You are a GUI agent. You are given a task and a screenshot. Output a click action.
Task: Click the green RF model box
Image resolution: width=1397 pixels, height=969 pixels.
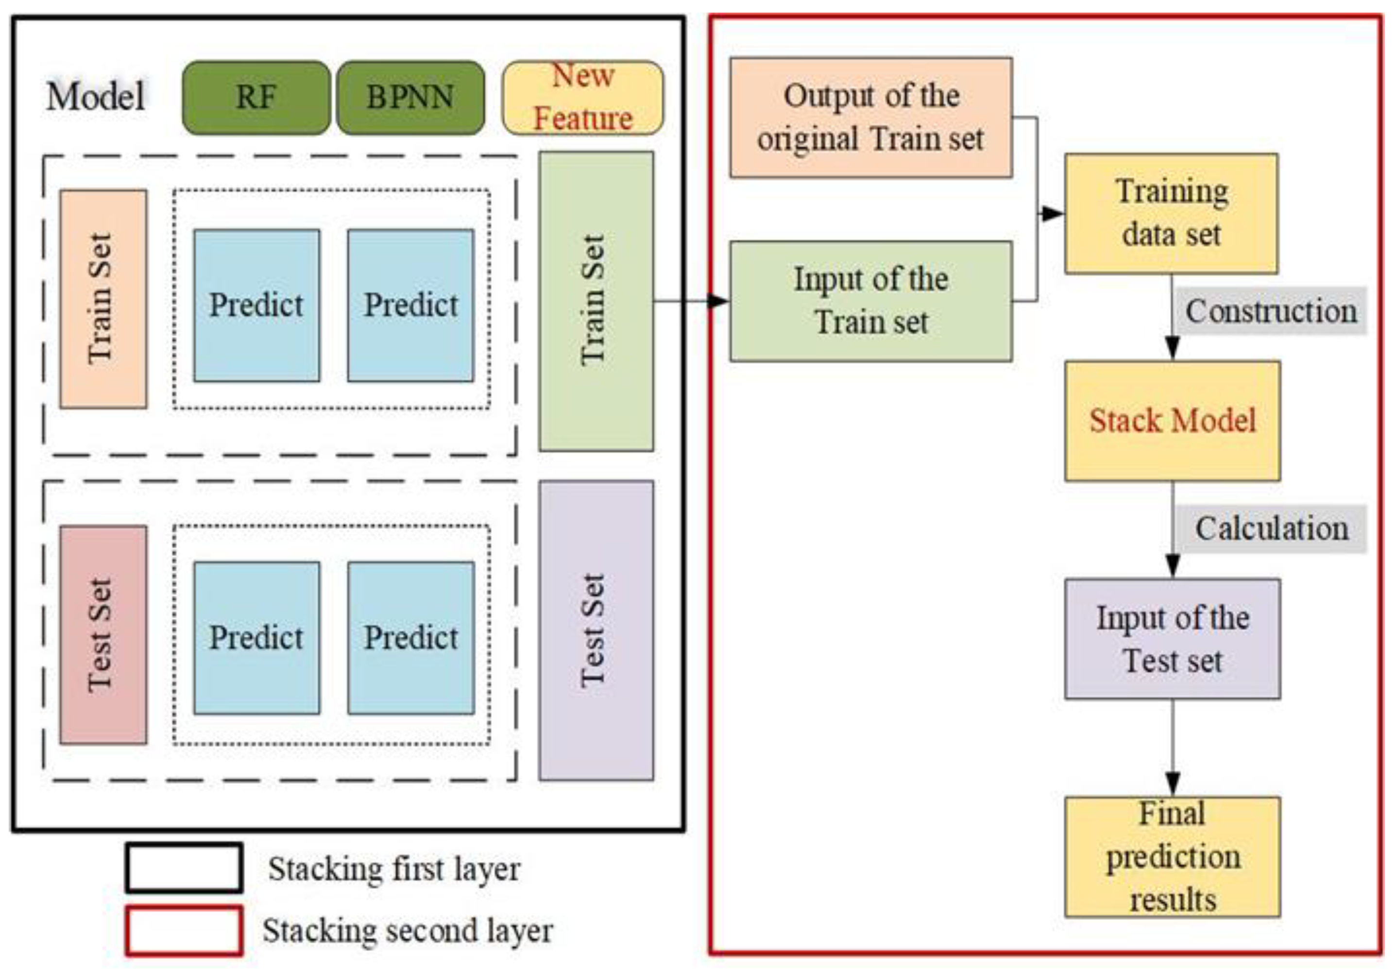[x=256, y=98]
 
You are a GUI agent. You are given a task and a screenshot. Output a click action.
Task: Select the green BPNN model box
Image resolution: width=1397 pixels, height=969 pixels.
[x=410, y=98]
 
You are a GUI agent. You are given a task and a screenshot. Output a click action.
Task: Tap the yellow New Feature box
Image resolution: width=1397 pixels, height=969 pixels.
[x=583, y=97]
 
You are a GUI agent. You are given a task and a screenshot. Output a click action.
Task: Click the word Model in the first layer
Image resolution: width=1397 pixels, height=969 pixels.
[x=96, y=96]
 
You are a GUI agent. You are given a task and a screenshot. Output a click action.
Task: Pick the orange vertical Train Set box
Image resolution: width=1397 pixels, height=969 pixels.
[x=103, y=299]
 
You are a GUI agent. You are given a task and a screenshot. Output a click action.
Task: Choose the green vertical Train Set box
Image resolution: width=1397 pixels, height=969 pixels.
[x=596, y=301]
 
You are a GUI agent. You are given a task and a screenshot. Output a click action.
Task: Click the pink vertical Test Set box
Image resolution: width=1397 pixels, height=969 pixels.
[x=103, y=634]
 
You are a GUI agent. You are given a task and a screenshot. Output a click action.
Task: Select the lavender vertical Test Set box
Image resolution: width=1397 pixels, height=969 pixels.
[x=596, y=630]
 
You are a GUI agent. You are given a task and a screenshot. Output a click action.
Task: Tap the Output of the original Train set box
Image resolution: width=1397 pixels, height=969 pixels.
[x=870, y=117]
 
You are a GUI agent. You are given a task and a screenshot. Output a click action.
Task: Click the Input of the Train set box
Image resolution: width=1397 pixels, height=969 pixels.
[x=870, y=301]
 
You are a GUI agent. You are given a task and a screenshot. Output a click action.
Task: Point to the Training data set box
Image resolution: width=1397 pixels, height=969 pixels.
[x=1171, y=213]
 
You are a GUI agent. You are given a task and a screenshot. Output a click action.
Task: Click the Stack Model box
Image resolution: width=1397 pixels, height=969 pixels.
[x=1172, y=421]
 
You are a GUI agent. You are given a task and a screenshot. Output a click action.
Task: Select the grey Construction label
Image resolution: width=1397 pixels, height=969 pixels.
[x=1270, y=311]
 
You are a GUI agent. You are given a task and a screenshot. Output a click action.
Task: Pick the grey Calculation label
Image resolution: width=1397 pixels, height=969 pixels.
[x=1271, y=528]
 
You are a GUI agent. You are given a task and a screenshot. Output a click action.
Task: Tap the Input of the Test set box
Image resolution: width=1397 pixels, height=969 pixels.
[x=1172, y=639]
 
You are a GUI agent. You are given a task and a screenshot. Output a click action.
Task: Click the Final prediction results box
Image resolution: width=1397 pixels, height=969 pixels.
[x=1172, y=857]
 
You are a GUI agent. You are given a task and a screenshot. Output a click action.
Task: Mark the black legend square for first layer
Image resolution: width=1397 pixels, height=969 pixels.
[x=184, y=867]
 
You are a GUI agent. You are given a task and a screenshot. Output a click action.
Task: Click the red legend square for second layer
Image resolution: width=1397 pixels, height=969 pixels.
[x=184, y=931]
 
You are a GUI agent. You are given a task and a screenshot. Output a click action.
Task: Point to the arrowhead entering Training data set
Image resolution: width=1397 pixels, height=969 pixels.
[x=1052, y=213]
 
